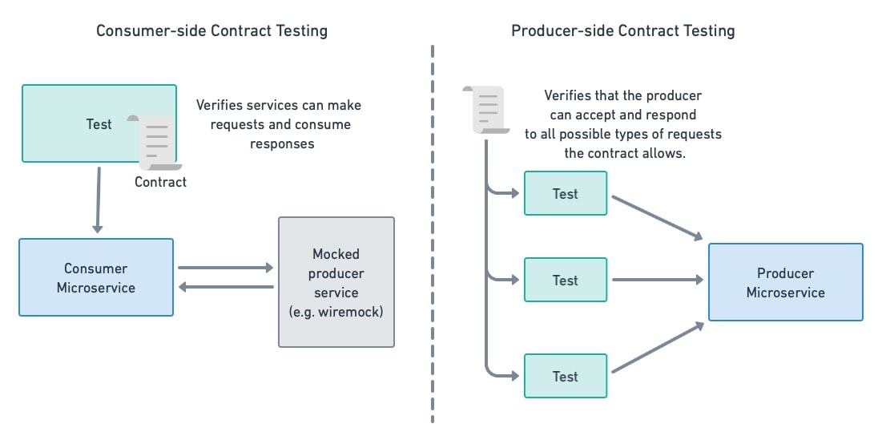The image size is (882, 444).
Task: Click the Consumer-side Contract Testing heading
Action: coord(211,31)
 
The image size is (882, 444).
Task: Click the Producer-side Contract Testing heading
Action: coord(622,31)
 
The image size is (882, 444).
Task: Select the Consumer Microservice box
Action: coord(96,277)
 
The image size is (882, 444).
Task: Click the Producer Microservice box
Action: coord(785,282)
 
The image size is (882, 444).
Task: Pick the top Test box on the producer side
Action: coord(565,193)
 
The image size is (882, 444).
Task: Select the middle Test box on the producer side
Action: coord(565,280)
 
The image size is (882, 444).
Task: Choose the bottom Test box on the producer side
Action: coord(565,376)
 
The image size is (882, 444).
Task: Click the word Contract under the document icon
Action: coord(160,182)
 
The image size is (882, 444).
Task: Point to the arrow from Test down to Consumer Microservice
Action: coord(98,200)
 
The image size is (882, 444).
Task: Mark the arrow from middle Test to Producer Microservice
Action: coord(657,280)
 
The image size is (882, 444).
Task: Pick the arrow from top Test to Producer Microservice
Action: coord(657,217)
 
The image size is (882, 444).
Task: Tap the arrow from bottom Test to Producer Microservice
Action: coord(657,348)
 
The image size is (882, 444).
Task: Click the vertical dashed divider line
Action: coord(433,240)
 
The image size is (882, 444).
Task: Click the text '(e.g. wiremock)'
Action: coord(336,312)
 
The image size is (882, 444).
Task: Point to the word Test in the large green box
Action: coord(99,124)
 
